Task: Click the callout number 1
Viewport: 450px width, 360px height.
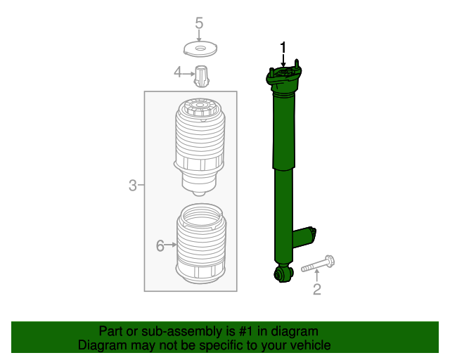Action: [283, 48]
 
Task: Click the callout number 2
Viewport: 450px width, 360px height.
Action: [316, 289]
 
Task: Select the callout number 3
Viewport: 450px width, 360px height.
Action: [132, 186]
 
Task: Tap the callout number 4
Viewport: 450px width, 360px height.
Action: [178, 72]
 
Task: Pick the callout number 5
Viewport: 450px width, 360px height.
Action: [199, 23]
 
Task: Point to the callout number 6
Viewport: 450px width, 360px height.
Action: [160, 245]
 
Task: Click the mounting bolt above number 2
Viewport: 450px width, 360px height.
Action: [319, 265]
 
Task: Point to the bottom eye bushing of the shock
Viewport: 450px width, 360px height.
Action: [283, 273]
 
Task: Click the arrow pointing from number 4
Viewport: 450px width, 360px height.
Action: [188, 72]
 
